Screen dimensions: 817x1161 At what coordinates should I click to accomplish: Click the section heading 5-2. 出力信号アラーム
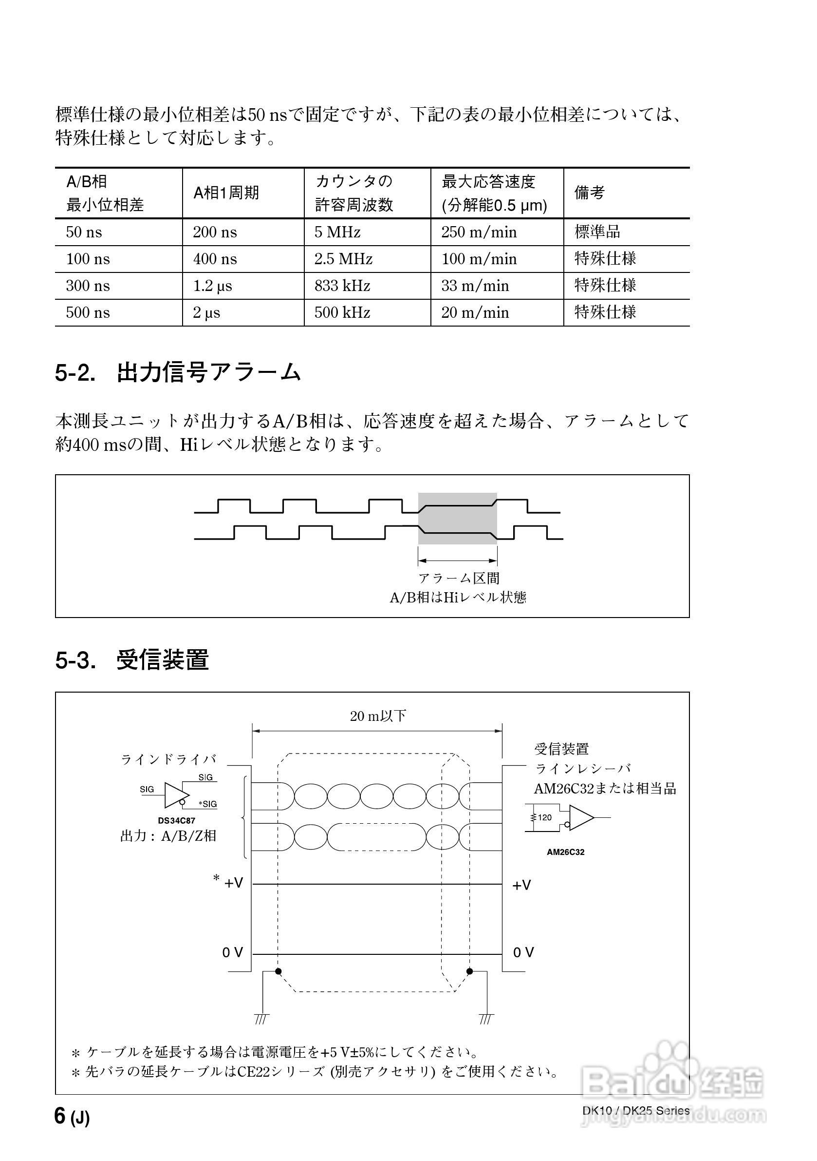[178, 373]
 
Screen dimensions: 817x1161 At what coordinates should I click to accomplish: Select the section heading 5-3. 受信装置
[132, 660]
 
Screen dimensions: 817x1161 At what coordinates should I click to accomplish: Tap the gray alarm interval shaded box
[457, 518]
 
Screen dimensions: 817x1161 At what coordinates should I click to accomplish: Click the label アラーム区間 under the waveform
[459, 578]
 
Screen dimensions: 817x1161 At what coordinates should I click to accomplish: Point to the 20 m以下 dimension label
[378, 716]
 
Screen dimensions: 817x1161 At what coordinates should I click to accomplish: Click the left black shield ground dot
[278, 971]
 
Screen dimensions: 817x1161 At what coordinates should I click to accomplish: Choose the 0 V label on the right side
[523, 953]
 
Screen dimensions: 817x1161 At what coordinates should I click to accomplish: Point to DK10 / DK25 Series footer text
[635, 1124]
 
